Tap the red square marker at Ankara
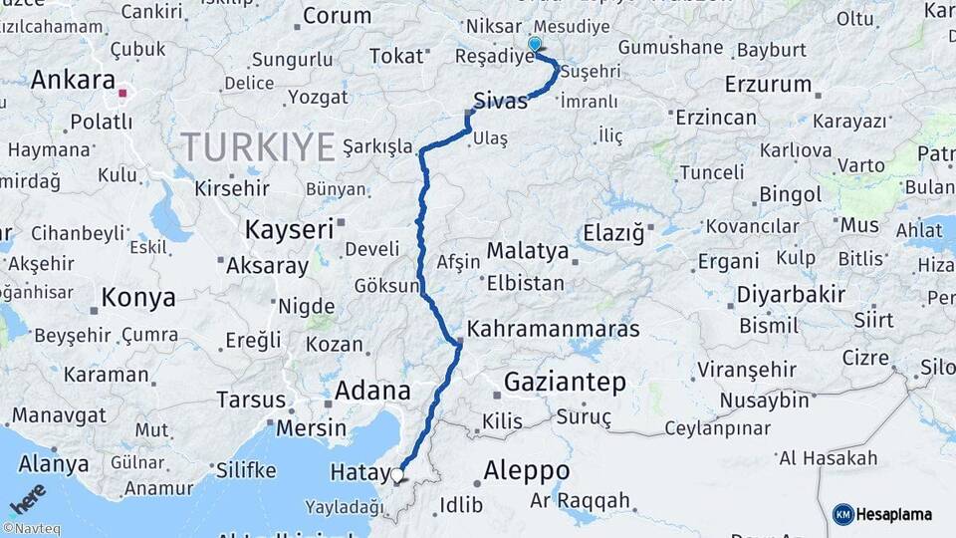pyautogui.click(x=122, y=94)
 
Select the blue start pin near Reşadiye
pyautogui.click(x=535, y=45)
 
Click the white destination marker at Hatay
pyautogui.click(x=398, y=475)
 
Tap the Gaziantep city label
pyautogui.click(x=565, y=382)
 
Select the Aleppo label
pyautogui.click(x=527, y=470)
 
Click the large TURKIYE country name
pyautogui.click(x=258, y=147)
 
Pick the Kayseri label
pyautogui.click(x=289, y=229)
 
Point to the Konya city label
pyautogui.click(x=138, y=297)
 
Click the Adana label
pyautogui.click(x=372, y=390)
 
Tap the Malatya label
pyautogui.click(x=527, y=250)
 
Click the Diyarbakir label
pyautogui.click(x=791, y=295)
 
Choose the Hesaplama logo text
pyautogui.click(x=894, y=514)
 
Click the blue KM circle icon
pyautogui.click(x=842, y=514)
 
